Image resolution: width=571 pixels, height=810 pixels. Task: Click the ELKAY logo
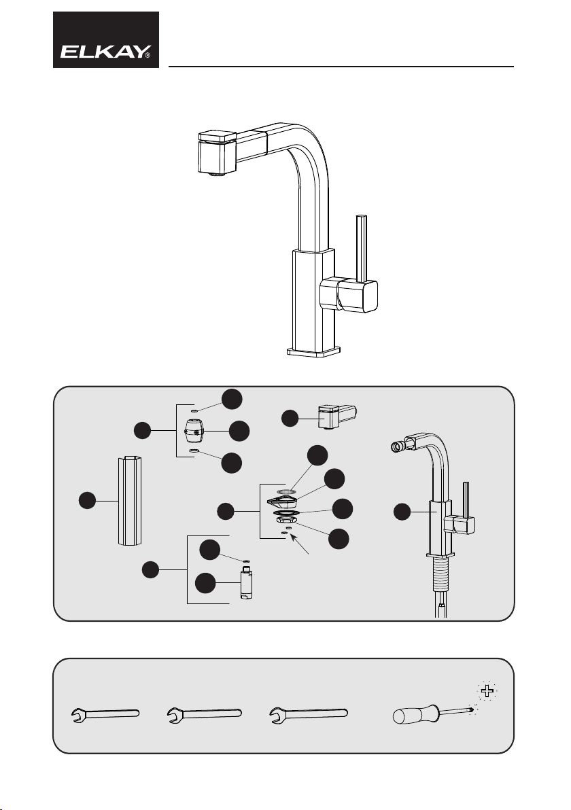point(106,40)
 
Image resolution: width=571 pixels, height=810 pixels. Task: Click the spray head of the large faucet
point(218,153)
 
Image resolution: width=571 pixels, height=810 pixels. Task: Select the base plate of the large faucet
point(313,352)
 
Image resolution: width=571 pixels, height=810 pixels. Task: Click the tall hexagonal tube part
point(128,501)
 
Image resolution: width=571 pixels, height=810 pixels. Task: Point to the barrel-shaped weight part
point(194,430)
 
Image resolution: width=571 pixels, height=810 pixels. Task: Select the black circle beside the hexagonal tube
point(87,501)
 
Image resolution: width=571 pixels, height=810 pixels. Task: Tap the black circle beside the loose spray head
point(290,419)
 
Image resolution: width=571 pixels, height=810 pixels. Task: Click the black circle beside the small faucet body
point(402,512)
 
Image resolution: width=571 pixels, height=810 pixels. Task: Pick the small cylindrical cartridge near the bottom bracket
point(246,583)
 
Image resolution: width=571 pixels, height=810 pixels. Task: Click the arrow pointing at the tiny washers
point(300,545)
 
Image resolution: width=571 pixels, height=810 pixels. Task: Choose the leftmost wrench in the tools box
point(105,714)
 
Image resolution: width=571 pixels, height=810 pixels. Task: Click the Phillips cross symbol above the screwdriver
point(487,690)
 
